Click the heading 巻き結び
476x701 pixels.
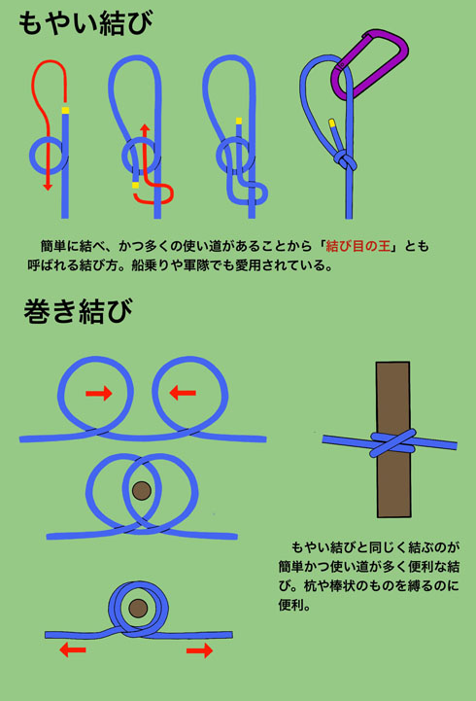coord(77,312)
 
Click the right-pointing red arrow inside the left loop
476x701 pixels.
coord(98,393)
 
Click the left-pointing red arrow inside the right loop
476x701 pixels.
coord(182,393)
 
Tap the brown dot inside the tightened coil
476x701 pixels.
coord(138,609)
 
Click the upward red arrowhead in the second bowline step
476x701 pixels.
coord(144,128)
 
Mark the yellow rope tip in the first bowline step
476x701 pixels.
coord(65,110)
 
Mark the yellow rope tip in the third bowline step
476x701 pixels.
coord(238,122)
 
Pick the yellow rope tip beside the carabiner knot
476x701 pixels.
coord(333,123)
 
